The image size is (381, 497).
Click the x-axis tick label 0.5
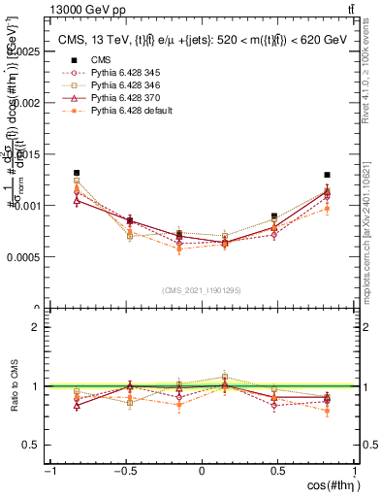(278, 471)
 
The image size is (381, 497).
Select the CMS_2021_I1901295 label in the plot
(202, 290)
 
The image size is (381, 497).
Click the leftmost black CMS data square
(77, 173)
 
